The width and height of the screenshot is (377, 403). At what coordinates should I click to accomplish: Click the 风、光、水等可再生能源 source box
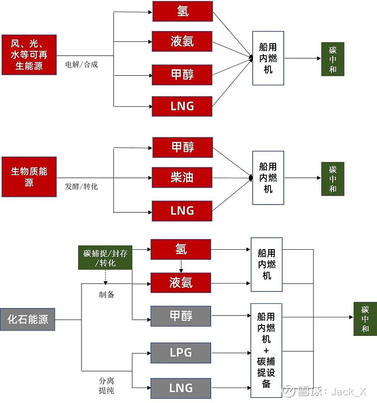(29, 55)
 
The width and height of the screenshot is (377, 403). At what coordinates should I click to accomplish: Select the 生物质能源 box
(29, 177)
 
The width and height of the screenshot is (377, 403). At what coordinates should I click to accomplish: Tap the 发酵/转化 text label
(82, 186)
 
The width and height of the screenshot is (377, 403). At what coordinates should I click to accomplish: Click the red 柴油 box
(182, 178)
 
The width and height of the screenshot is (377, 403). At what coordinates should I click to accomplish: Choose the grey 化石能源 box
(27, 320)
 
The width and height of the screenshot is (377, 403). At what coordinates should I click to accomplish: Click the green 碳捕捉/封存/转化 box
(105, 258)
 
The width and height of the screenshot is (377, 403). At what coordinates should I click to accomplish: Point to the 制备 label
(106, 295)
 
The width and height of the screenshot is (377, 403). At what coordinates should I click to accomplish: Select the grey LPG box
(180, 352)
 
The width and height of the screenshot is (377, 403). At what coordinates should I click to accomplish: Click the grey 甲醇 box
(180, 316)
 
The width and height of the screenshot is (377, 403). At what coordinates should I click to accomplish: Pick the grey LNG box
(180, 388)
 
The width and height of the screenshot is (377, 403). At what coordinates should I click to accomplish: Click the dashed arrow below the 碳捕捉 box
(105, 277)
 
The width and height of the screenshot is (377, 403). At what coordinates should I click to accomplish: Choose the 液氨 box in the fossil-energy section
(181, 283)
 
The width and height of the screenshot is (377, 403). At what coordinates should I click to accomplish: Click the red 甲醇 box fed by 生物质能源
(182, 148)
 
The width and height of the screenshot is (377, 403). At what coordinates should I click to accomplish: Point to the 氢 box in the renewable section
(182, 11)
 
